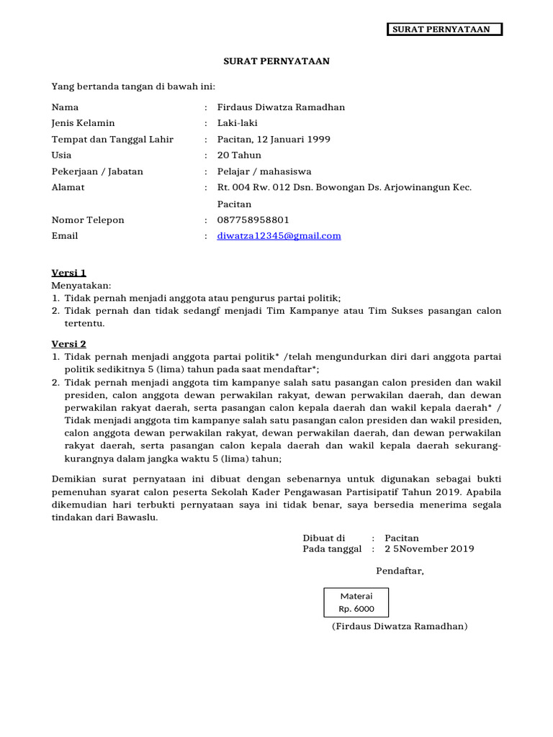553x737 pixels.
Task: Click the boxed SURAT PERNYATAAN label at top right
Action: (x=444, y=30)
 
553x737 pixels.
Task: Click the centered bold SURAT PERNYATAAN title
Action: (x=276, y=62)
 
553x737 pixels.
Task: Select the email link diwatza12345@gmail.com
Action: (x=279, y=236)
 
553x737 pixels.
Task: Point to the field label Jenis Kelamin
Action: (x=84, y=123)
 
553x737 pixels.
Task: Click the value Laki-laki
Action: (x=238, y=123)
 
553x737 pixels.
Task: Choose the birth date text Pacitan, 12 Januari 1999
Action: (x=274, y=140)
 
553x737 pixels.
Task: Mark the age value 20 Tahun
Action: (x=240, y=155)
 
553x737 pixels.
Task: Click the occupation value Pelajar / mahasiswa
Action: (x=264, y=171)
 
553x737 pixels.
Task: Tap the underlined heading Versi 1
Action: (x=69, y=273)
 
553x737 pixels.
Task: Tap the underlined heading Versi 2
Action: (x=69, y=345)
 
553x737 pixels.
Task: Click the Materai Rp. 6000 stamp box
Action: (x=356, y=602)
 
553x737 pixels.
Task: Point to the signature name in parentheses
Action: (x=400, y=627)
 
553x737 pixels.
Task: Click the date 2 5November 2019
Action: (x=429, y=549)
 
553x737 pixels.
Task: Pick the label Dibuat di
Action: (x=324, y=538)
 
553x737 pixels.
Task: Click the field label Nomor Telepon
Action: (x=88, y=220)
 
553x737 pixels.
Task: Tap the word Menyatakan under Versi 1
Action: (x=81, y=286)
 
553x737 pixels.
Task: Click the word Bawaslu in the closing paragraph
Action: (x=136, y=517)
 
